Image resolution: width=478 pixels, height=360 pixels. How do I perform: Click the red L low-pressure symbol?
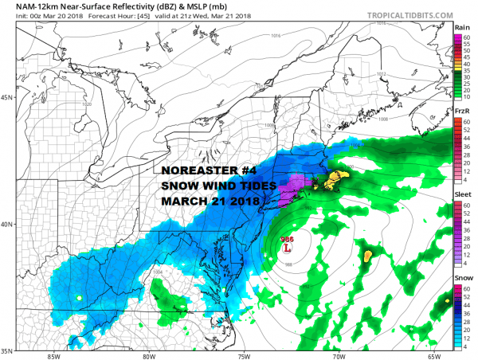(288, 248)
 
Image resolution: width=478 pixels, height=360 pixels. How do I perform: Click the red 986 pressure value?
(287, 239)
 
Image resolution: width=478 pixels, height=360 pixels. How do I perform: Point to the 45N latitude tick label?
(7, 98)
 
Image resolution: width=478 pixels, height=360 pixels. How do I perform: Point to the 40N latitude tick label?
(7, 224)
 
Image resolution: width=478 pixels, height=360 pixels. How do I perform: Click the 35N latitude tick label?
(7, 350)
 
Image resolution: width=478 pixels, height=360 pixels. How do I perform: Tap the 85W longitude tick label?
(53, 355)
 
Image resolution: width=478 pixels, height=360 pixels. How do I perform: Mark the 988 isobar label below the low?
(288, 264)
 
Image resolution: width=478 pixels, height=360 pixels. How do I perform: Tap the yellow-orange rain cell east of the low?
(368, 256)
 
